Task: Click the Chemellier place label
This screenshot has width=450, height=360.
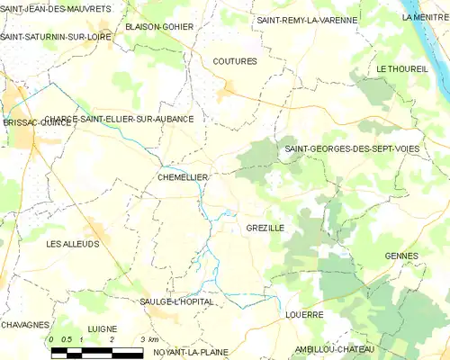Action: click(x=183, y=178)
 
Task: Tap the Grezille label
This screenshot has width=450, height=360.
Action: click(x=265, y=229)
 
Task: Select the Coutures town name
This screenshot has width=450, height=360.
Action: click(x=235, y=61)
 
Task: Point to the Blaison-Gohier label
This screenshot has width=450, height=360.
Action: click(x=159, y=27)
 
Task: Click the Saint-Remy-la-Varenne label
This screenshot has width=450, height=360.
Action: click(x=307, y=20)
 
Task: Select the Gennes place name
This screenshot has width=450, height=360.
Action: click(x=401, y=256)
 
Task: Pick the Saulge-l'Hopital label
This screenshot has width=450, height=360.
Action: click(x=177, y=301)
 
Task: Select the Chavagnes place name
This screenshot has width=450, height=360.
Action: click(x=24, y=324)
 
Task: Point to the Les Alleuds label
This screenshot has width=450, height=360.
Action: click(x=73, y=244)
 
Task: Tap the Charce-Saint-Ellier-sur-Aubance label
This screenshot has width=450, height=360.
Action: click(x=119, y=119)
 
